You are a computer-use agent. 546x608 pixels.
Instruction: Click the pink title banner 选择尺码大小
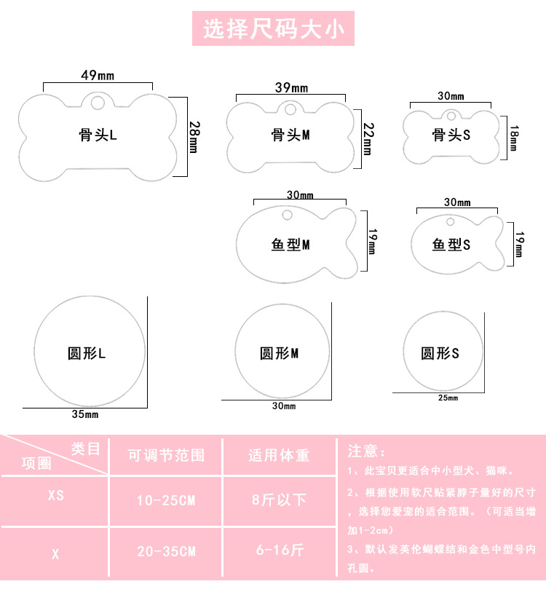[x=274, y=28]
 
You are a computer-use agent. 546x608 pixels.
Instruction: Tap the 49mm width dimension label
[x=98, y=75]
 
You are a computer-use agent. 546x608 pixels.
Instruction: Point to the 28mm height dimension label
[x=194, y=138]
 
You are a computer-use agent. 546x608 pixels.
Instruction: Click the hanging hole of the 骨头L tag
[x=98, y=103]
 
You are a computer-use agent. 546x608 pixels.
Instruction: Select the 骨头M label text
[x=290, y=135]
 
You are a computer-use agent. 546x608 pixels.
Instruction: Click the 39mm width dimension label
[x=292, y=87]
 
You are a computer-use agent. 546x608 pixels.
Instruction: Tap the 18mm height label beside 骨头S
[x=514, y=138]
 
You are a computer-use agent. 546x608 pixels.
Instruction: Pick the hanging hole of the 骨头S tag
[x=451, y=116]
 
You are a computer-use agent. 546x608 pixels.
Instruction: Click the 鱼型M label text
[x=290, y=245]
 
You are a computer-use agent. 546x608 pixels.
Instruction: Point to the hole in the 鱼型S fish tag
[x=450, y=222]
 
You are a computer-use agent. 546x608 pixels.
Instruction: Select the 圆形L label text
[x=87, y=353]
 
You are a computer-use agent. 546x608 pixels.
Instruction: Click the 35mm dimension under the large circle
[x=85, y=414]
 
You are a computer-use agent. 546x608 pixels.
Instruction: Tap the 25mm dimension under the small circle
[x=448, y=398]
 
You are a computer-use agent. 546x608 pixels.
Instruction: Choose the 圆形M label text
[x=280, y=353]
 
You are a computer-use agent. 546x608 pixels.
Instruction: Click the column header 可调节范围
[x=166, y=455]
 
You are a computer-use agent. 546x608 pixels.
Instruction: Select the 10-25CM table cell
[x=166, y=500]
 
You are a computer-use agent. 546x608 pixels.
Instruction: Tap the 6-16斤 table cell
[x=280, y=550]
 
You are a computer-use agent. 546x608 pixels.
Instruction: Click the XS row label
[x=56, y=495]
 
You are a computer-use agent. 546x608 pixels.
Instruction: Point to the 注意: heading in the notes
[x=366, y=451]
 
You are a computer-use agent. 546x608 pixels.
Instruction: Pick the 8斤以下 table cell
[x=280, y=500]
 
